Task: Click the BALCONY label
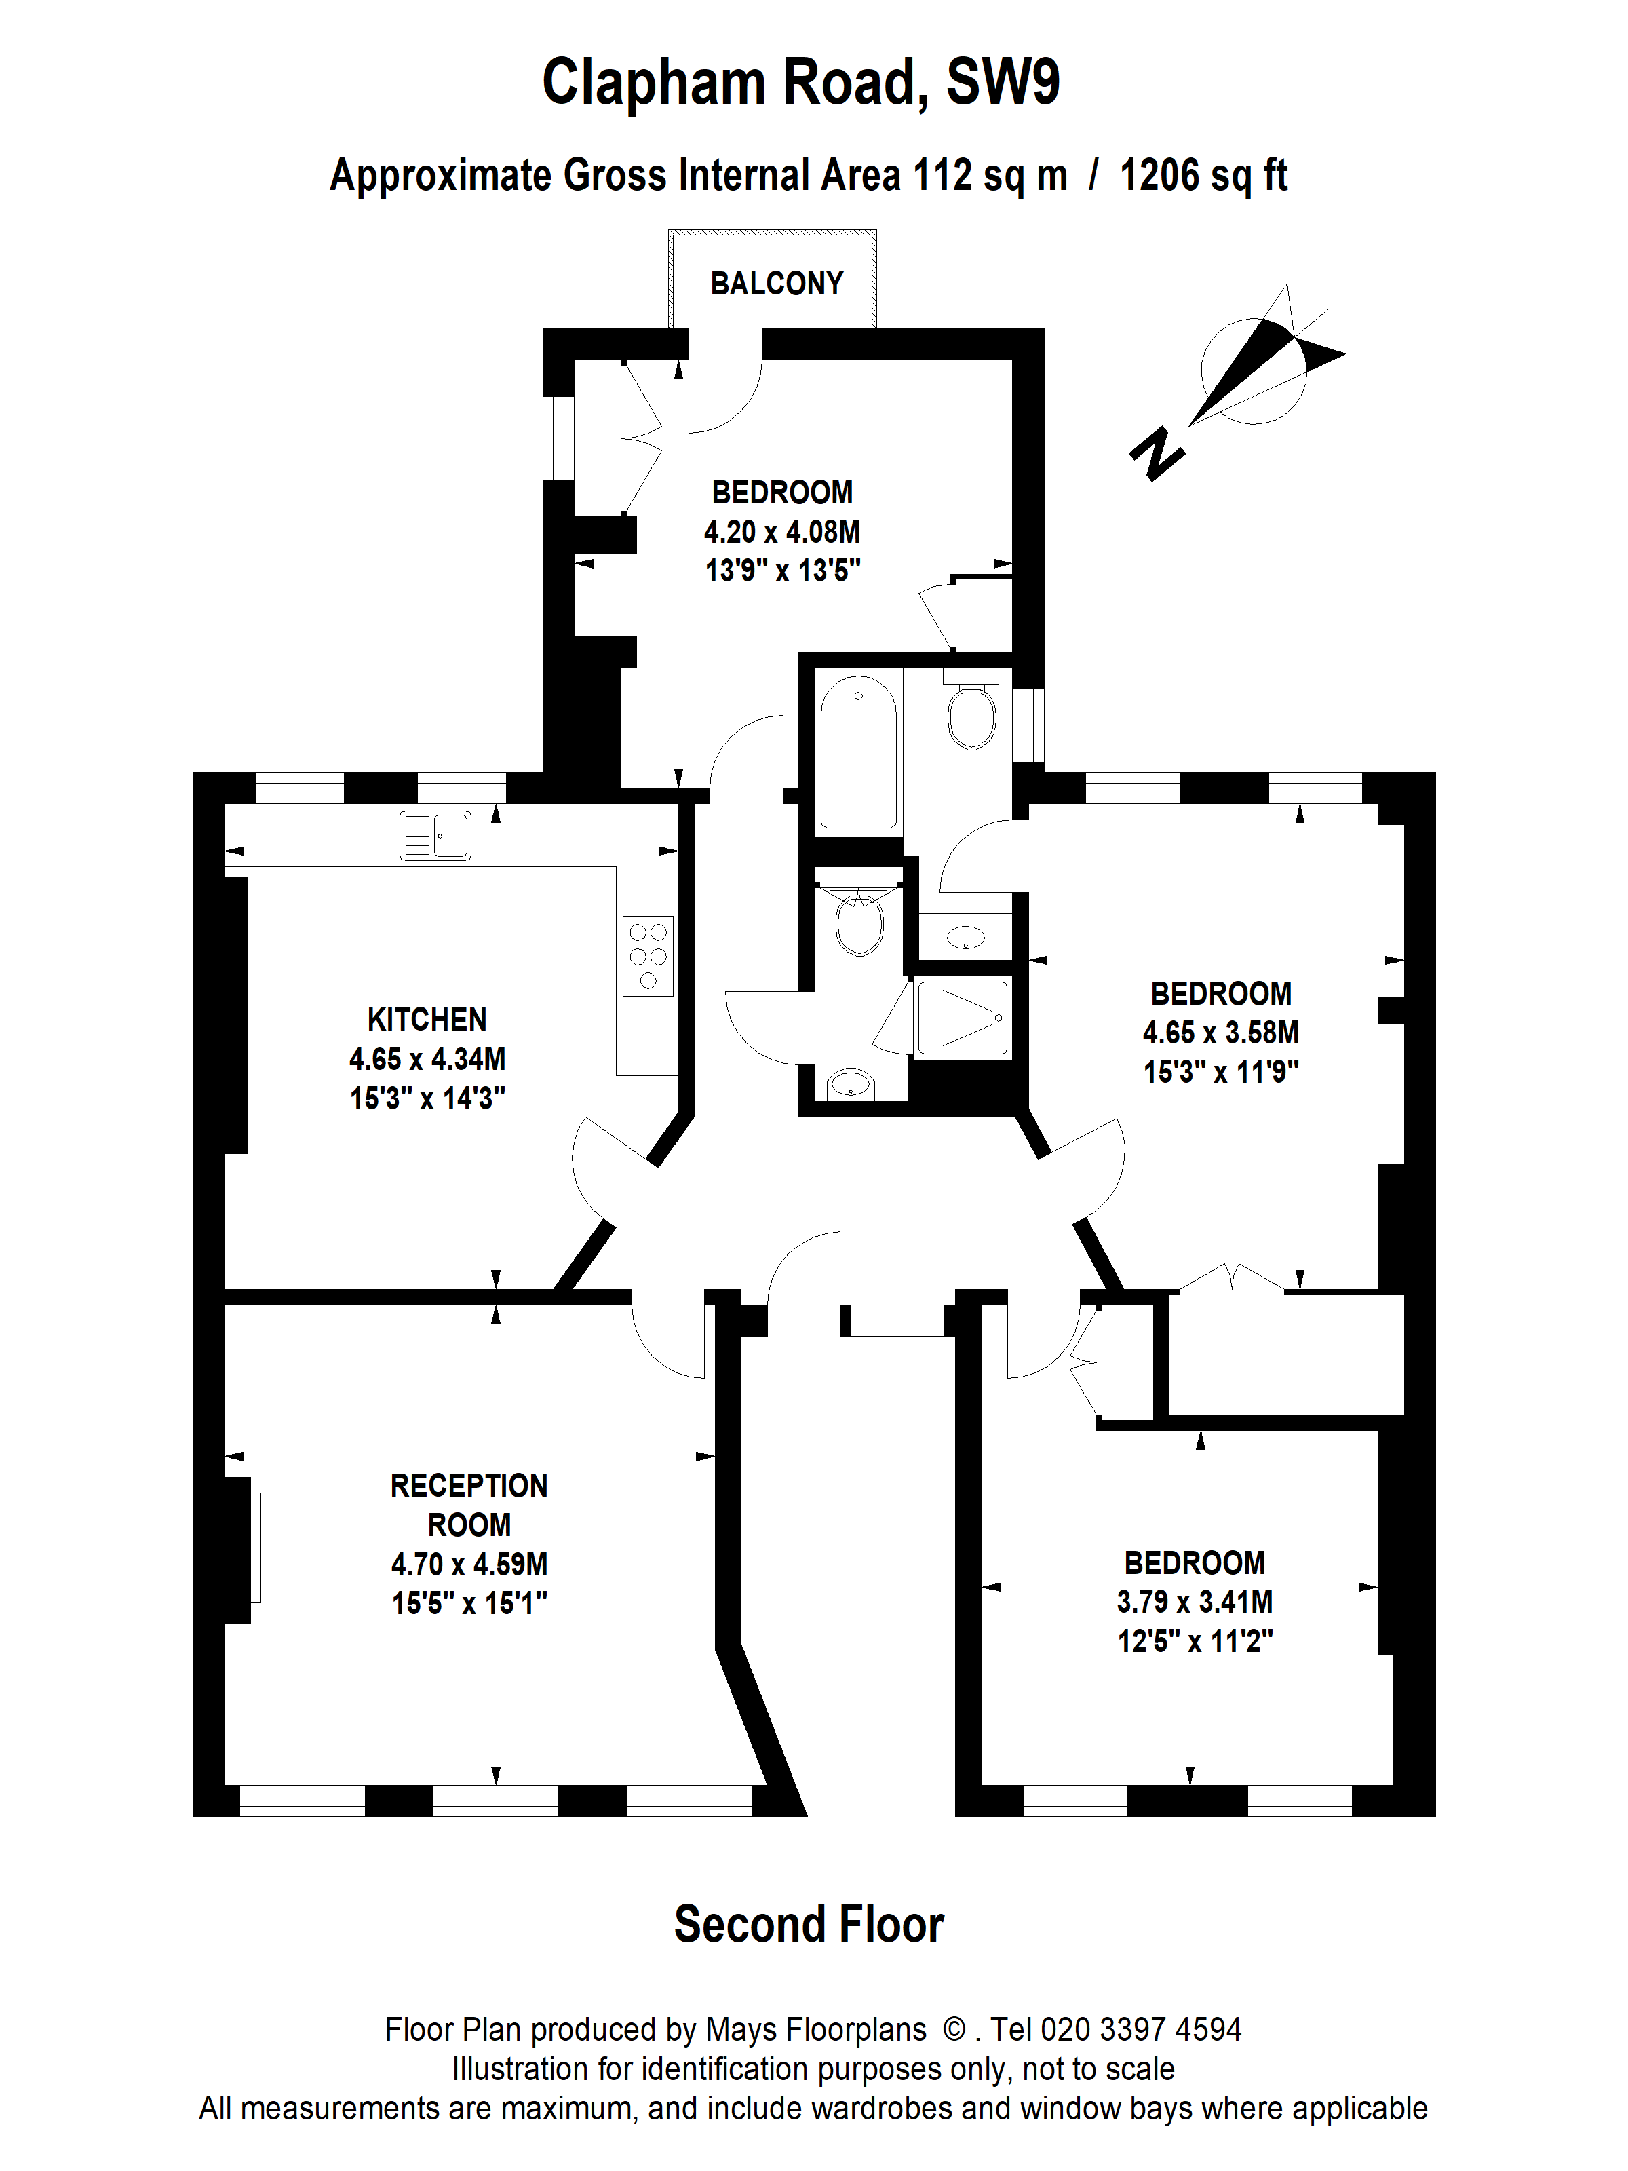(776, 284)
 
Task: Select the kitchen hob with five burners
(648, 956)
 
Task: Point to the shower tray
(962, 1018)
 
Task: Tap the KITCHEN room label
(427, 1020)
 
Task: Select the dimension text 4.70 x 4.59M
(469, 1564)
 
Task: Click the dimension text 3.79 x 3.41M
(1195, 1602)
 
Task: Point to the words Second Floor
(809, 1925)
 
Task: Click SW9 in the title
(1003, 83)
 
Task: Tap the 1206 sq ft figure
(1203, 176)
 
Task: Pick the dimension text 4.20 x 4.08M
(782, 532)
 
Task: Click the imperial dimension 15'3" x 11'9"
(1221, 1072)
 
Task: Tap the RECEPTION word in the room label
(469, 1486)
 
